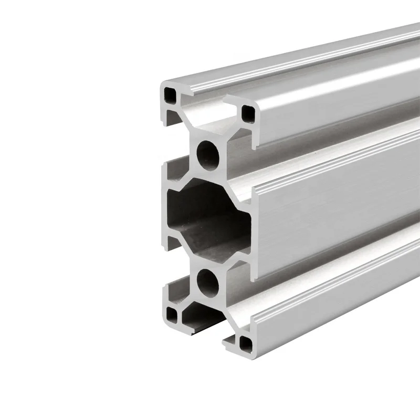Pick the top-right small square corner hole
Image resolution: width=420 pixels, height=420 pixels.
pos(246,111)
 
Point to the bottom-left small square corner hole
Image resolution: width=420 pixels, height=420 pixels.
pos(172,314)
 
